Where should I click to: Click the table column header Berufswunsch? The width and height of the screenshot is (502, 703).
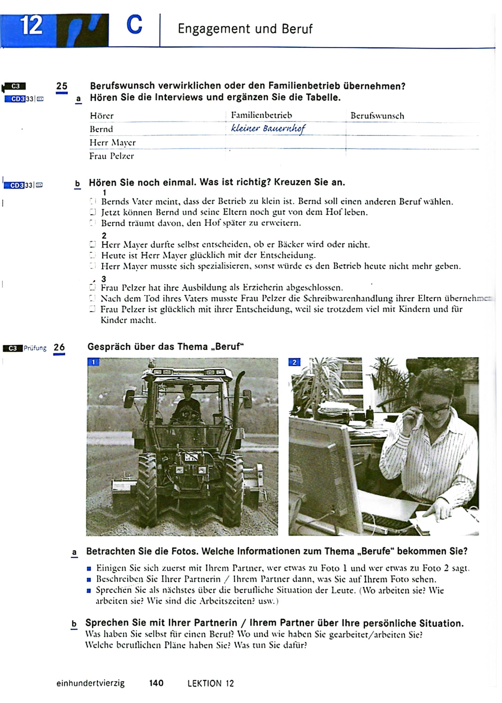(377, 116)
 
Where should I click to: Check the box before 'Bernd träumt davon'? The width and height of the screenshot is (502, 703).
(92, 223)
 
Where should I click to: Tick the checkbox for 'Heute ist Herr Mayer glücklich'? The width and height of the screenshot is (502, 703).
(92, 255)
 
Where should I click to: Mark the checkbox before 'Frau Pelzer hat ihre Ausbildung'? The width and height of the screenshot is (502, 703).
(92, 288)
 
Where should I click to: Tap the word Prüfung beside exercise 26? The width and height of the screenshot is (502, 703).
(35, 348)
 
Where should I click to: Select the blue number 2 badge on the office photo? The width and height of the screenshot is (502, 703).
(294, 362)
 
